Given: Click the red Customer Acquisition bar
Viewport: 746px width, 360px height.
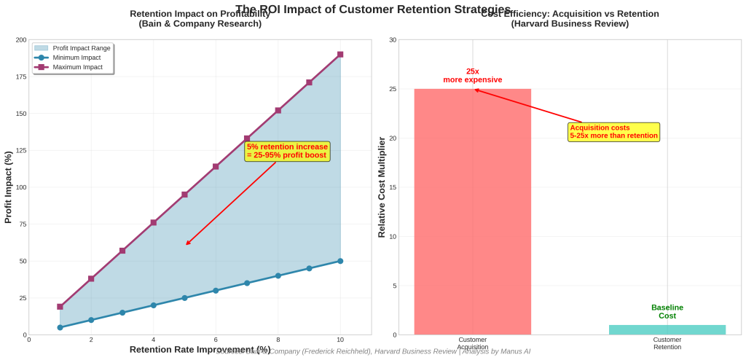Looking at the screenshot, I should pos(472,211).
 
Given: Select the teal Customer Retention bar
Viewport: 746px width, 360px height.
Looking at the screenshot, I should pos(667,329).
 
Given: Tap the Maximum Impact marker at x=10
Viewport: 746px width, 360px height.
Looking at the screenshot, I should pos(340,55).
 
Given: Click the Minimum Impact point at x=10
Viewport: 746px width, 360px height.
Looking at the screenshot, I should pos(340,261).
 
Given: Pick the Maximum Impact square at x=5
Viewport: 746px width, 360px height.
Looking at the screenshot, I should pos(184,195).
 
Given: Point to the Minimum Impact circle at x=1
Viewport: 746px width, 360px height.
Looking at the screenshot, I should pos(60,327).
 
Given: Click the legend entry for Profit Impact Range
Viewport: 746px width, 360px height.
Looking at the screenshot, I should pos(81,48).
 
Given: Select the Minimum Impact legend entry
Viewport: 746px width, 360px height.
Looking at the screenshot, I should pos(77,58).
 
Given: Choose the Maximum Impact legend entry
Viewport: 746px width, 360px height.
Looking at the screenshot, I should pos(77,67).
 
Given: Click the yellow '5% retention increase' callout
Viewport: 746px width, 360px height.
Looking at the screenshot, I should pos(287,151).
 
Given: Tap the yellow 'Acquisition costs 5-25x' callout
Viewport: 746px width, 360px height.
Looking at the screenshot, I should pos(613,132).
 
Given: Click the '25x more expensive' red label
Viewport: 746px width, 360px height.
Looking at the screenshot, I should pos(472,75).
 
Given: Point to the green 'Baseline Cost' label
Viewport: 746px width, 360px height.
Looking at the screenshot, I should pos(667,311).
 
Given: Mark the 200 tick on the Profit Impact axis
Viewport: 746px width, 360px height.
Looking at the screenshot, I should pos(21,40).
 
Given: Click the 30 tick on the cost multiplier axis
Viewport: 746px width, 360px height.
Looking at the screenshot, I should pos(393,40).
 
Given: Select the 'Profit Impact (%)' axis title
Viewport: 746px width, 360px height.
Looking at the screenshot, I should pos(9,187).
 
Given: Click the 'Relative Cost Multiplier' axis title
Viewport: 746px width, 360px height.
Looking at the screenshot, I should pos(381,187).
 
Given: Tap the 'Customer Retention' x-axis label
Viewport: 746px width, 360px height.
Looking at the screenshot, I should pos(667,343).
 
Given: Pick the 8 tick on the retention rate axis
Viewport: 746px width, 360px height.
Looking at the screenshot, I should pos(278,340).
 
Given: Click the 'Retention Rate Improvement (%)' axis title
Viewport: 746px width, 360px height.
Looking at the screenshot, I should pos(200,350).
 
